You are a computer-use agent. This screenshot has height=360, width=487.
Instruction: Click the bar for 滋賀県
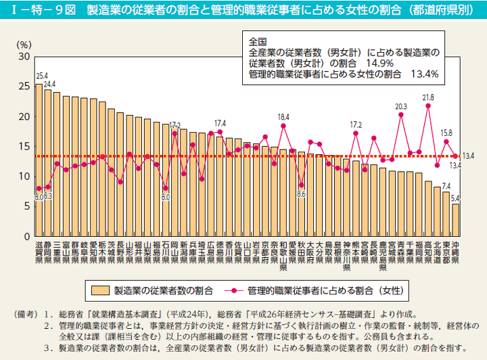click(x=39, y=162)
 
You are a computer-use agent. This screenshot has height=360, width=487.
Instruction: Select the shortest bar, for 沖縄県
click(x=455, y=221)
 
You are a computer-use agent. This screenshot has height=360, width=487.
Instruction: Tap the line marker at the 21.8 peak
click(x=428, y=106)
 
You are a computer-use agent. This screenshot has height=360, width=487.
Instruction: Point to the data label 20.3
click(x=401, y=107)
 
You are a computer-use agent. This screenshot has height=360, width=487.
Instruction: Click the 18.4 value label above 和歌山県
click(x=283, y=117)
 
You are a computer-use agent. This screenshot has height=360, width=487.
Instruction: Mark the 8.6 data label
click(x=302, y=194)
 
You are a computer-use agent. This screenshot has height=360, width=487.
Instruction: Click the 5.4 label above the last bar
click(x=455, y=198)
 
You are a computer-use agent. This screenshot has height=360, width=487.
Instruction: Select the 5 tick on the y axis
click(x=26, y=206)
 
